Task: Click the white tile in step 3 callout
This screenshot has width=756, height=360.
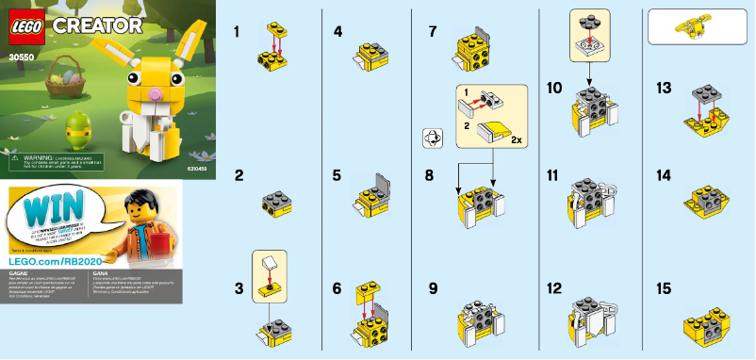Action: (x=271, y=260)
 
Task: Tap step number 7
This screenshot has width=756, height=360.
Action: (x=432, y=31)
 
